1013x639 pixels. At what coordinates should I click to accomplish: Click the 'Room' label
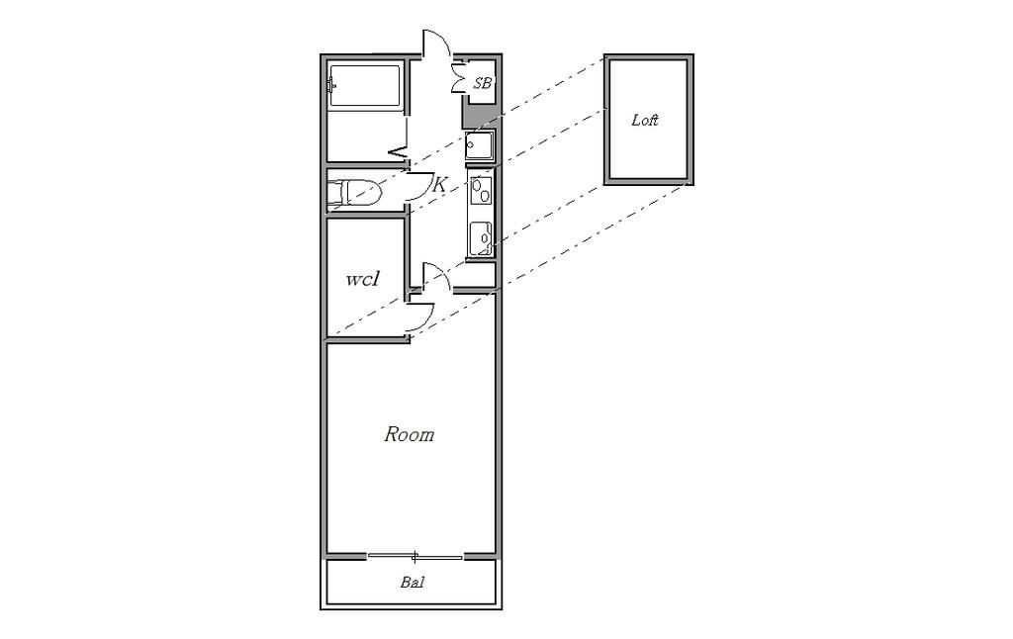[409, 434]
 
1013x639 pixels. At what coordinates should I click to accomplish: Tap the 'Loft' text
[645, 120]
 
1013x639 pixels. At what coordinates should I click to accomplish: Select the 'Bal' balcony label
[413, 583]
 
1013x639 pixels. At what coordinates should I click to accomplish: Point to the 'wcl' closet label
[362, 279]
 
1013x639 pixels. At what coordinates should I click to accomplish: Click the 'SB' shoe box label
[483, 83]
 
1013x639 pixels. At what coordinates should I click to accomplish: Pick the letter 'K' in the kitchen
[438, 185]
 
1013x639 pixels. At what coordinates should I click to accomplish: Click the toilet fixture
[354, 192]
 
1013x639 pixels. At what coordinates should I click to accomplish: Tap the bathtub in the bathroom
[365, 85]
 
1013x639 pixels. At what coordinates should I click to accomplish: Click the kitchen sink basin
[481, 237]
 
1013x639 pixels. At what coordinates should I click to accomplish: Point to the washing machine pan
[480, 146]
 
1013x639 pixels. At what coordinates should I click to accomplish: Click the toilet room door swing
[420, 185]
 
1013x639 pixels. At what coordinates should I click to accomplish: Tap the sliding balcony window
[414, 556]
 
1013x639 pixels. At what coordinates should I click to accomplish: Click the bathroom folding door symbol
[400, 153]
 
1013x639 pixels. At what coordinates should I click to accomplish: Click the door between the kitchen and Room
[436, 277]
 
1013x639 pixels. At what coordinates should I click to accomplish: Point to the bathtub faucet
[331, 85]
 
